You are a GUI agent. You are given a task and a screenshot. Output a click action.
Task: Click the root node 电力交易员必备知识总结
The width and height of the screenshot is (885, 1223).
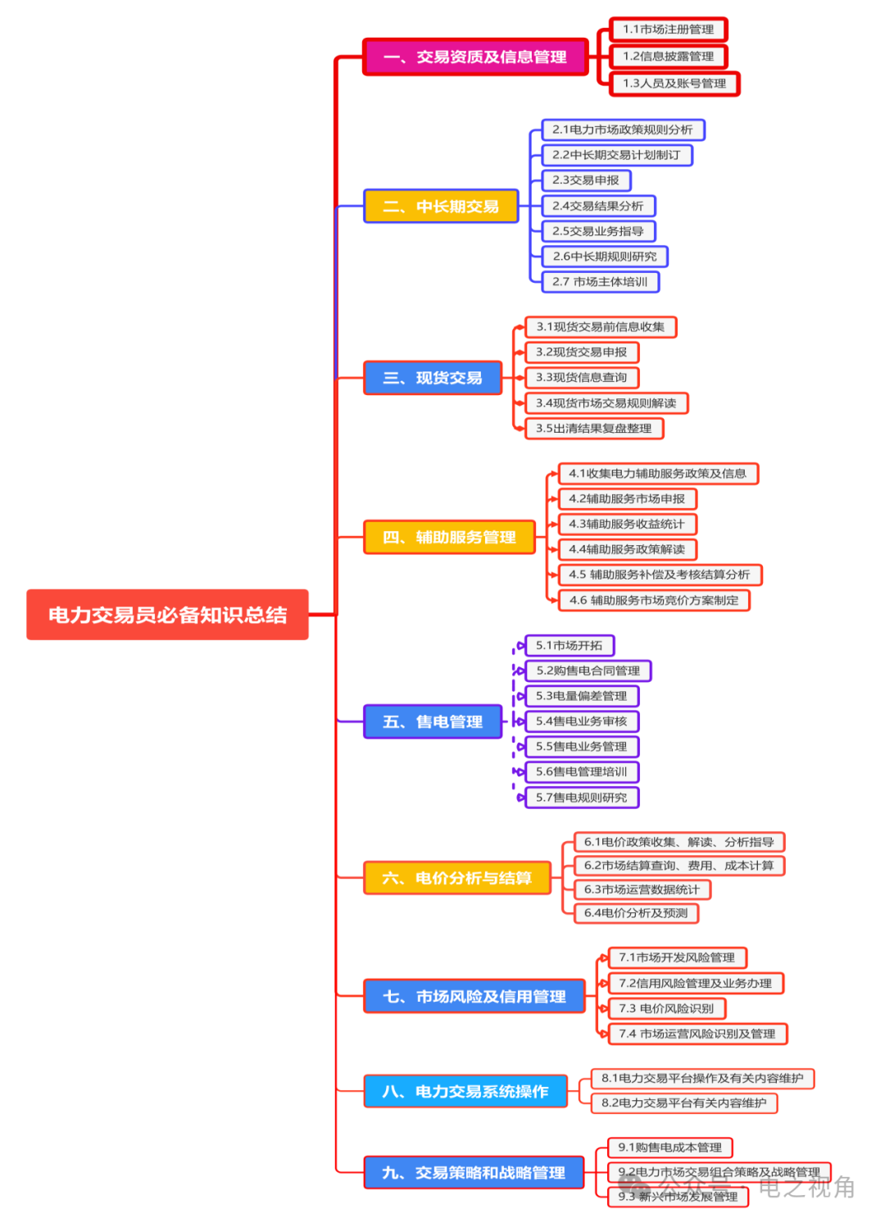click(x=167, y=615)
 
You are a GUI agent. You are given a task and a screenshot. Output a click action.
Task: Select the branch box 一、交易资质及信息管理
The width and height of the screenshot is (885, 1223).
click(x=475, y=57)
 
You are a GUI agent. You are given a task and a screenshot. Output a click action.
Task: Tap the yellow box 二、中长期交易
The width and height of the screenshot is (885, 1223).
click(x=441, y=207)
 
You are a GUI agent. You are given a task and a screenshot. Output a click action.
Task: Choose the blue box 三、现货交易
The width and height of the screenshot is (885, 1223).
click(x=433, y=378)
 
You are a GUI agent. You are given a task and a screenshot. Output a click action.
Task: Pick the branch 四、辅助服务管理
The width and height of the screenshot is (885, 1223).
click(x=449, y=537)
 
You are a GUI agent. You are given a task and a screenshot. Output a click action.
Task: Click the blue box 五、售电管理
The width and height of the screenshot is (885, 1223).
click(x=433, y=721)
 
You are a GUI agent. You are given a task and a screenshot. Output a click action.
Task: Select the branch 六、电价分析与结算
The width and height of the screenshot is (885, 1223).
click(x=456, y=878)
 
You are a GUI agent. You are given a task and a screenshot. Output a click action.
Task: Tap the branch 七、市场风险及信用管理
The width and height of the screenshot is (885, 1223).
click(x=474, y=996)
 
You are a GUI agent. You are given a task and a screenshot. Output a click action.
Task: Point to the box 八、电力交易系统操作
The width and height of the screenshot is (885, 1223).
click(x=465, y=1091)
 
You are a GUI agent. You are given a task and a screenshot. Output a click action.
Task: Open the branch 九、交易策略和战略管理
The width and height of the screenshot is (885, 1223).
click(x=474, y=1172)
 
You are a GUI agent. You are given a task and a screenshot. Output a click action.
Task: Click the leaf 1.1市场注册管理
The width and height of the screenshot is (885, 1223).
click(x=668, y=30)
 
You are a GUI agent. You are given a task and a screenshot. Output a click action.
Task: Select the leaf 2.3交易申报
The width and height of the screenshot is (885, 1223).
click(x=586, y=180)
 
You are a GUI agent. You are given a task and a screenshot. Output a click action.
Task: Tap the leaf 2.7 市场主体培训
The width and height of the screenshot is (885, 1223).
click(x=600, y=282)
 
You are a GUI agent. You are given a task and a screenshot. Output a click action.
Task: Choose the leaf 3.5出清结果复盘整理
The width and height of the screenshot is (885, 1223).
click(x=594, y=429)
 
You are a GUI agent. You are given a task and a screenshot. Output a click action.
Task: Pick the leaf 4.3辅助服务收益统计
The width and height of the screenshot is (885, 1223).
click(x=627, y=524)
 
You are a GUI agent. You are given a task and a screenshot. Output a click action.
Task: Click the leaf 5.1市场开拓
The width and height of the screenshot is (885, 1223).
click(x=570, y=646)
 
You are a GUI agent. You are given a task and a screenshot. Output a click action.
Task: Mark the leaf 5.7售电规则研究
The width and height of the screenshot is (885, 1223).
click(x=582, y=798)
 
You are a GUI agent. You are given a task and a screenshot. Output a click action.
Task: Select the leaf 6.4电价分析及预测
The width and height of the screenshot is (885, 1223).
click(x=636, y=913)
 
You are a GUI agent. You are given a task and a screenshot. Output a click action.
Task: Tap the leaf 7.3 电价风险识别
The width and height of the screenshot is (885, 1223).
click(x=666, y=1008)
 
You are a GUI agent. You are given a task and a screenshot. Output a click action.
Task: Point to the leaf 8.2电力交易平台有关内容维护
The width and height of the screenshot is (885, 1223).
click(x=683, y=1103)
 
